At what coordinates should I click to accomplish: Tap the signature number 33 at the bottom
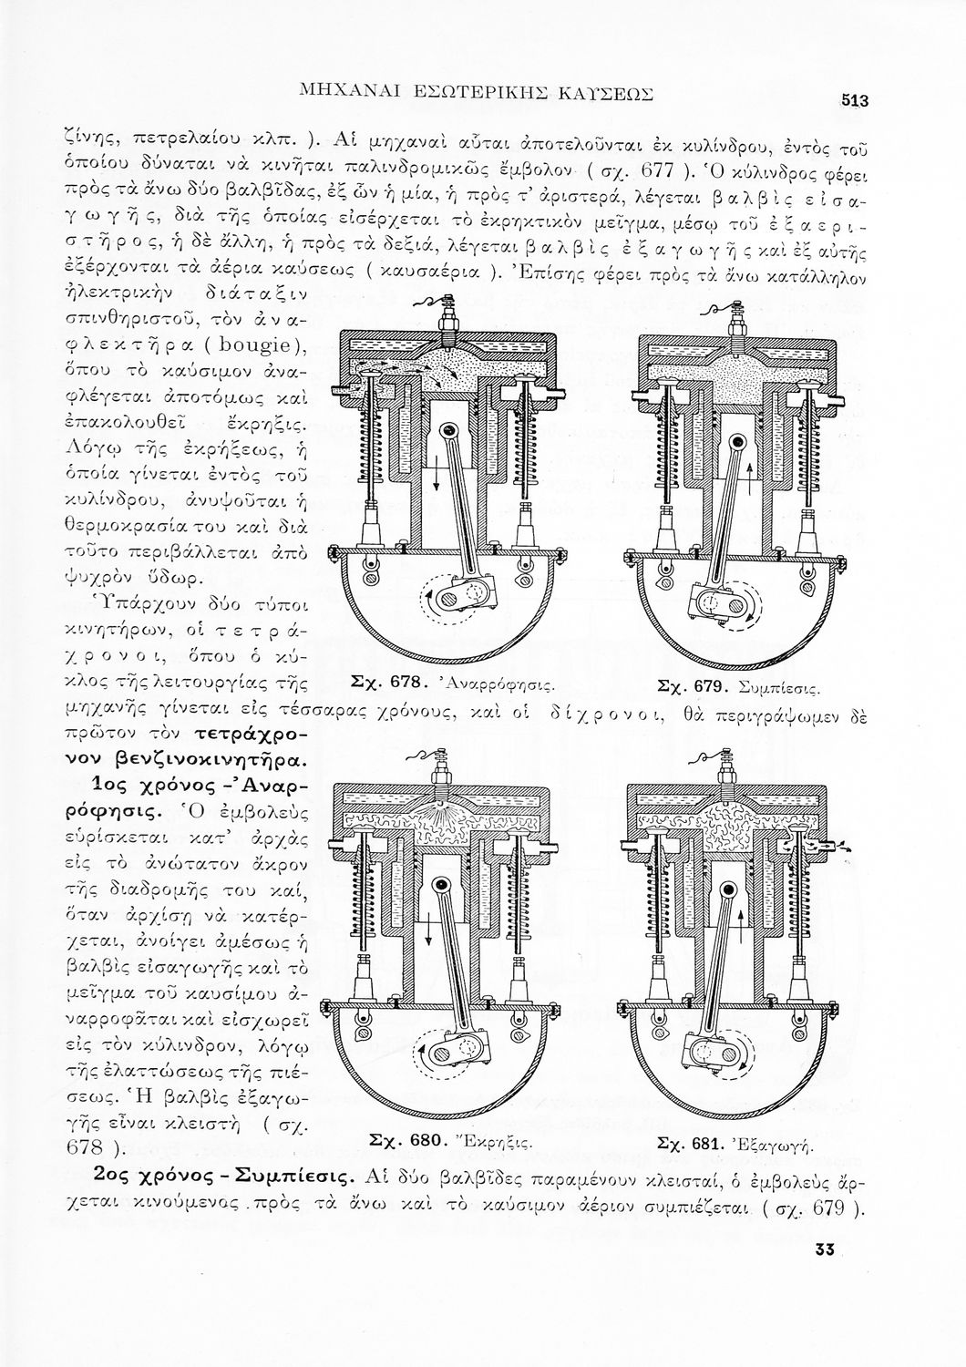point(827,1249)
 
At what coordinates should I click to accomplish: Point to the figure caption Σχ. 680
point(406,1139)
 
